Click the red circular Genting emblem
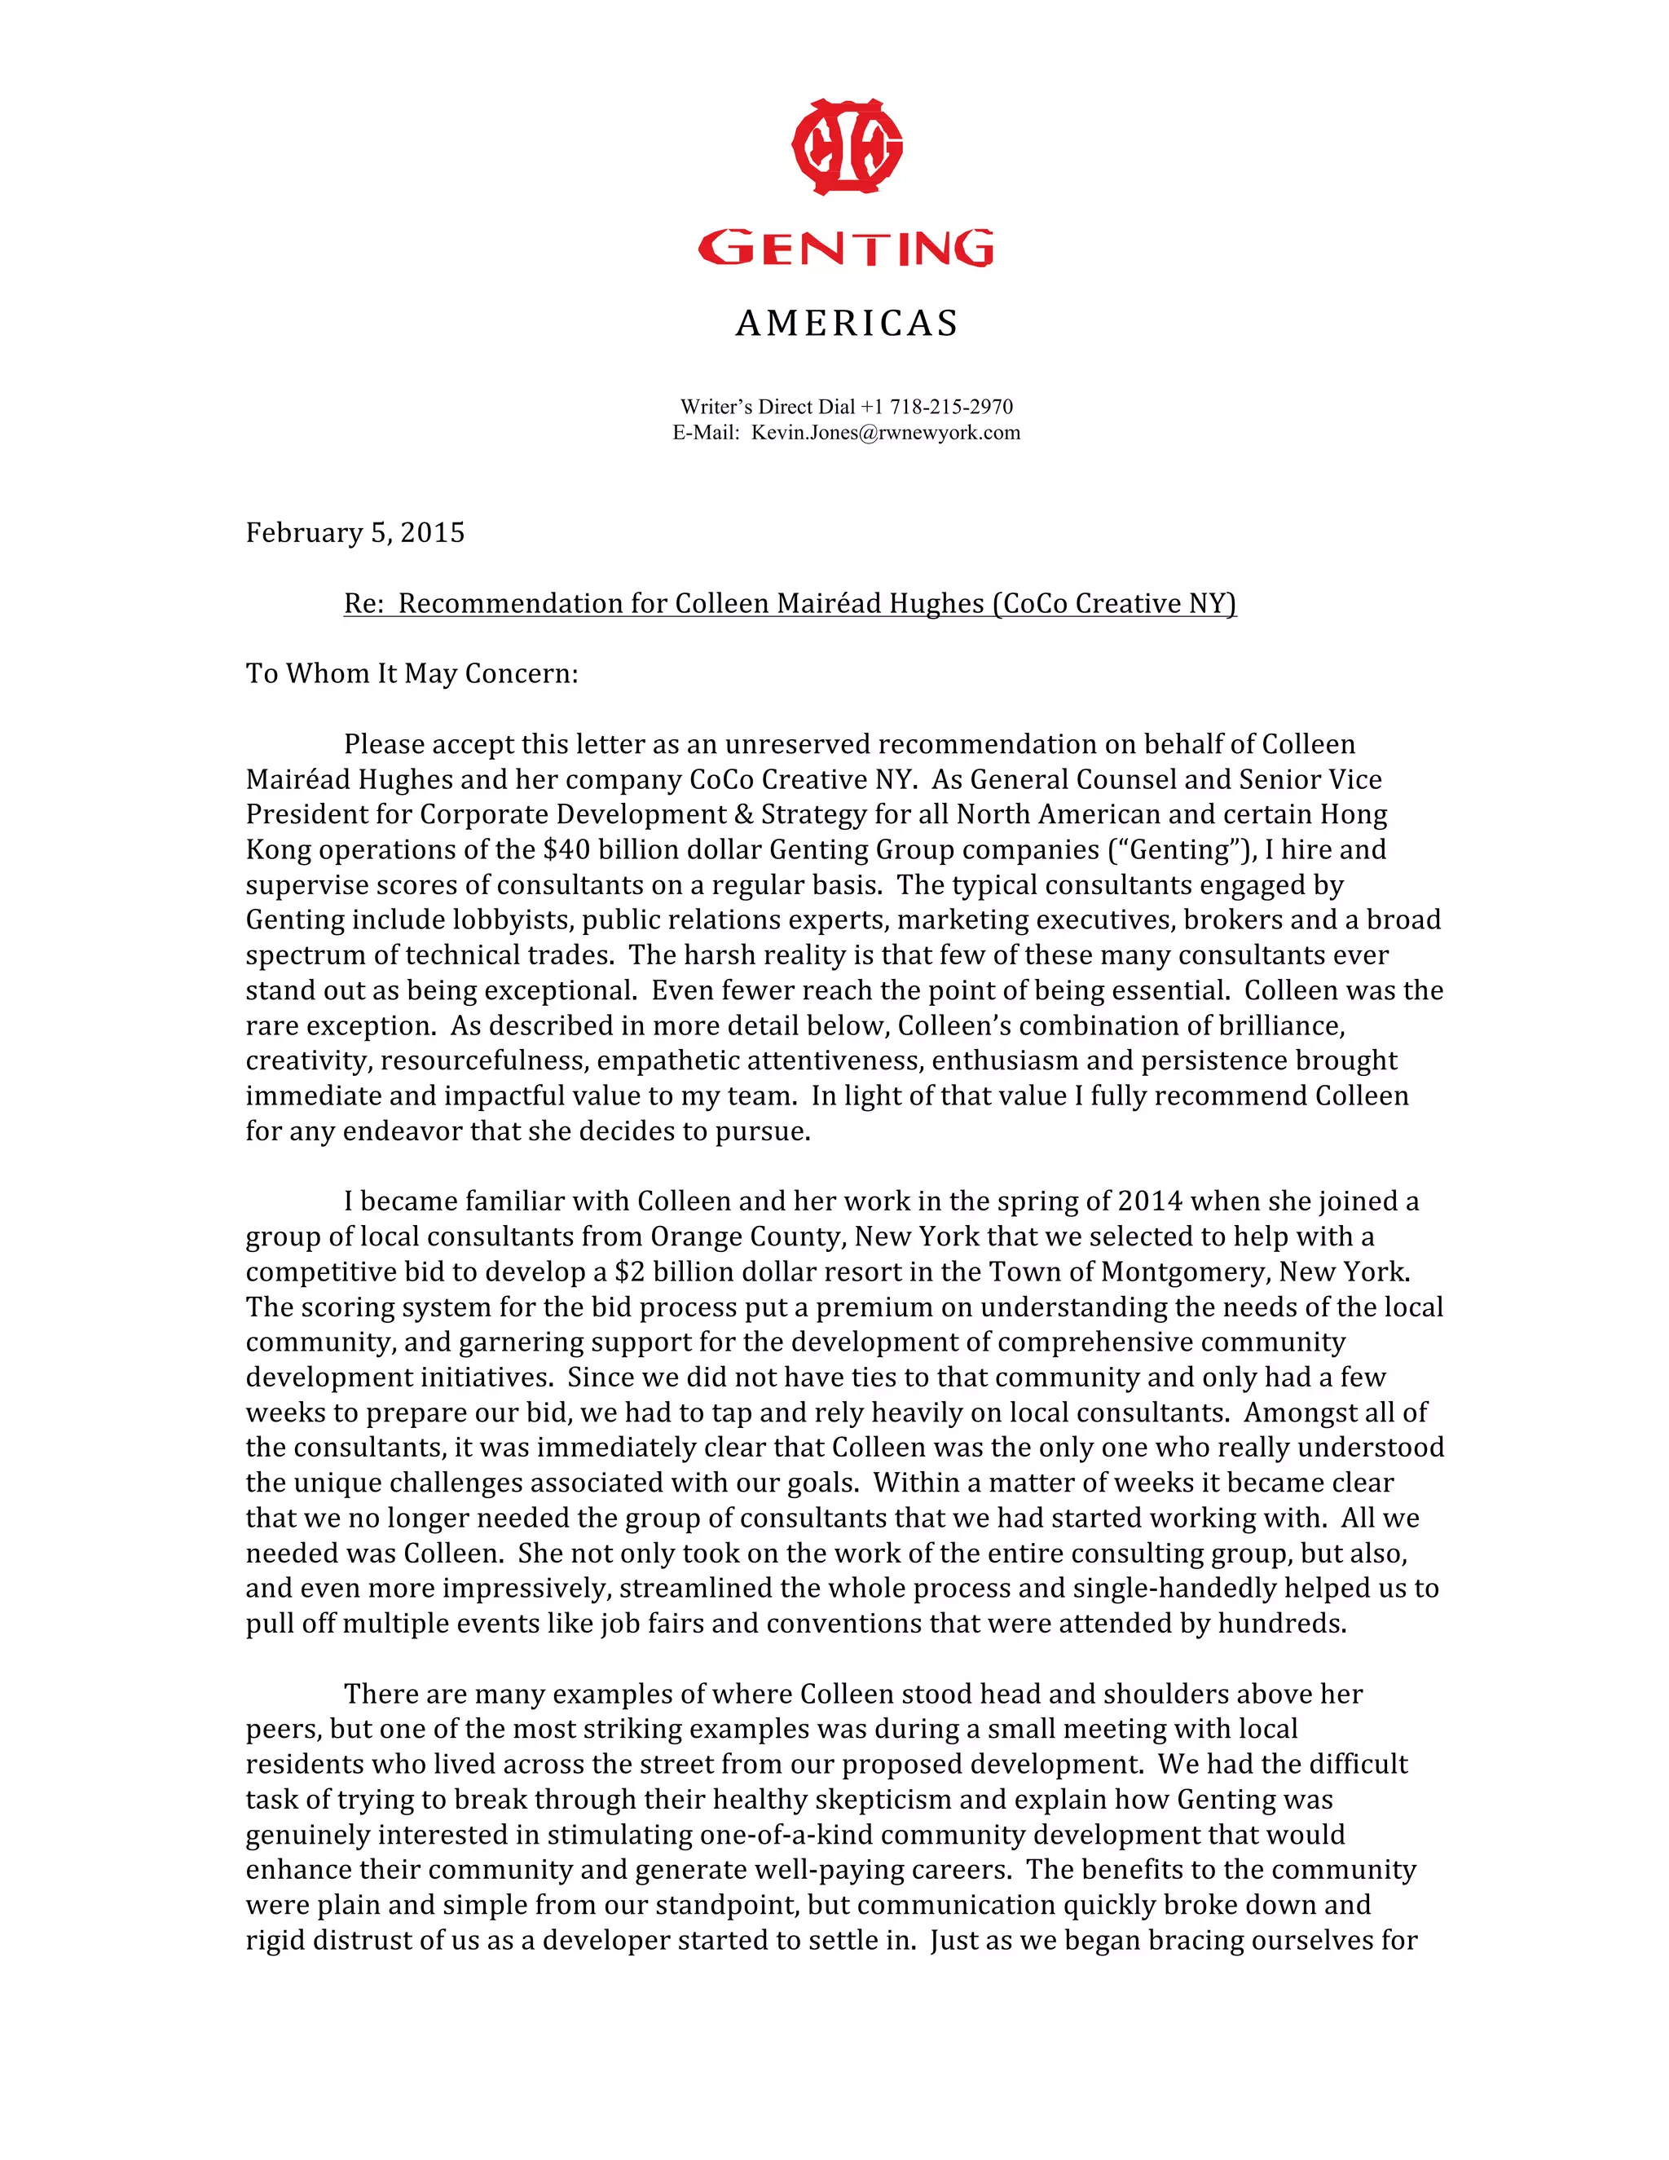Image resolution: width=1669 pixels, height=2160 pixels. tap(847, 147)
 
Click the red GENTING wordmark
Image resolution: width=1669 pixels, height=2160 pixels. tap(847, 249)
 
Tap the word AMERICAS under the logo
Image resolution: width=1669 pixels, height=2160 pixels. tap(847, 324)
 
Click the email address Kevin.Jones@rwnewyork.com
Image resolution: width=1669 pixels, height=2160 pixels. tap(885, 432)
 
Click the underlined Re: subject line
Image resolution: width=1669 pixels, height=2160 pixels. tap(789, 603)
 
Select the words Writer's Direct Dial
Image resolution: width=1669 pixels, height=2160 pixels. tap(766, 407)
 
